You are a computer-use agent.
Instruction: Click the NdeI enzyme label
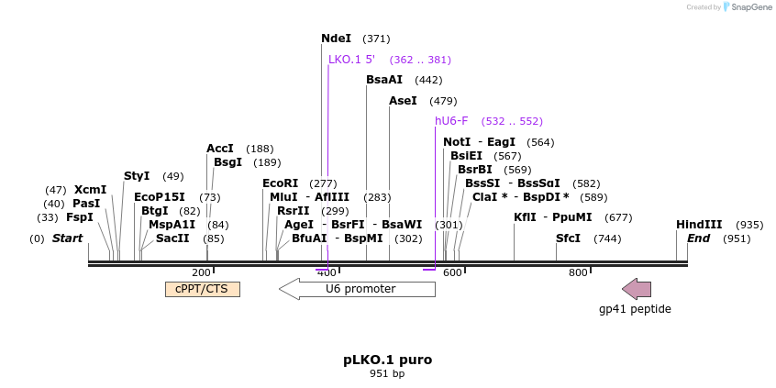(336, 39)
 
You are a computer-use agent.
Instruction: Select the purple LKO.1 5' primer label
(351, 60)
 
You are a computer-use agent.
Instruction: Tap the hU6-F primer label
(451, 121)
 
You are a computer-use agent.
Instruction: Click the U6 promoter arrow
(357, 289)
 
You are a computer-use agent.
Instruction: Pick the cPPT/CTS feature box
(202, 289)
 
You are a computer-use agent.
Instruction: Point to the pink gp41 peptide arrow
(637, 289)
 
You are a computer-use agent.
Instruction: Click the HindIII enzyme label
(699, 225)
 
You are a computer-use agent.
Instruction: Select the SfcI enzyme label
(568, 238)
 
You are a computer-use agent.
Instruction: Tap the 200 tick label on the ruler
(201, 272)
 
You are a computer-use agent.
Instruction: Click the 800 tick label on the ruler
(578, 272)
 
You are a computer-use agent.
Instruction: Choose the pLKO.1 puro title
(387, 360)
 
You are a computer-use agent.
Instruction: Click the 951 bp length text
(387, 374)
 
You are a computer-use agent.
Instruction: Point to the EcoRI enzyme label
(280, 183)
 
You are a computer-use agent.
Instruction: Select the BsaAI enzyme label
(383, 80)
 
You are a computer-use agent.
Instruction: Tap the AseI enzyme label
(403, 101)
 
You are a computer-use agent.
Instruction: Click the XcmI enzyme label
(90, 190)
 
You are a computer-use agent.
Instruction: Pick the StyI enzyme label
(137, 176)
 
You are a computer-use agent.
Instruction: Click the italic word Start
(67, 238)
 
